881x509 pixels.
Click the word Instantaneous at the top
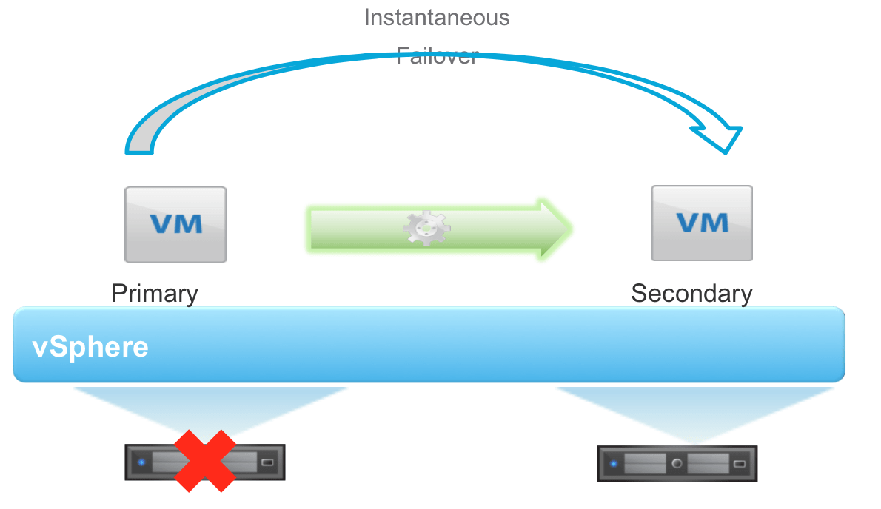click(437, 17)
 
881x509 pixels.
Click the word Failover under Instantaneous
click(437, 55)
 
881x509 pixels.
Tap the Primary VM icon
click(175, 224)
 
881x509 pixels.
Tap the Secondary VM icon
click(701, 223)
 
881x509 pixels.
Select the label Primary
click(155, 294)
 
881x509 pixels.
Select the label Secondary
click(691, 294)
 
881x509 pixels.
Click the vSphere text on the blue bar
click(90, 347)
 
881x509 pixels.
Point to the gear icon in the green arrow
click(426, 229)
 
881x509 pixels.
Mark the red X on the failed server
click(205, 461)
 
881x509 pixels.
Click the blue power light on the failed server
click(141, 463)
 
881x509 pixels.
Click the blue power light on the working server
click(613, 465)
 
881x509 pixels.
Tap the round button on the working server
click(677, 465)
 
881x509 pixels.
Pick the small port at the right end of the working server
click(739, 465)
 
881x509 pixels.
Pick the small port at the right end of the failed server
click(267, 463)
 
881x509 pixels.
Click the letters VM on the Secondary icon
click(701, 221)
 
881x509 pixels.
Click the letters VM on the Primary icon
click(175, 223)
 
